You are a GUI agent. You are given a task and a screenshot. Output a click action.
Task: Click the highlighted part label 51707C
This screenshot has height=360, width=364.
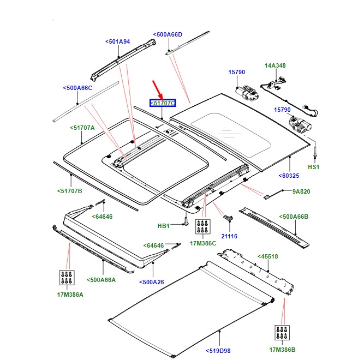pyautogui.click(x=163, y=103)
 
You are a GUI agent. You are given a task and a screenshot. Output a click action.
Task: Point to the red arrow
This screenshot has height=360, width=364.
pyautogui.click(x=158, y=89)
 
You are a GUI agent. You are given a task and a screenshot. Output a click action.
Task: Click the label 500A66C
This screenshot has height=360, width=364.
pyautogui.click(x=77, y=87)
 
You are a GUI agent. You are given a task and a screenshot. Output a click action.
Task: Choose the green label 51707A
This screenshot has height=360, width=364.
pyautogui.click(x=82, y=128)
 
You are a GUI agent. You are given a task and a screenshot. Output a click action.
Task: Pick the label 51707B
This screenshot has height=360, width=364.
pyautogui.click(x=69, y=191)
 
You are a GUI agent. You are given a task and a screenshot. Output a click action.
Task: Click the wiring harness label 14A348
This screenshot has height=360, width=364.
pyautogui.click(x=275, y=66)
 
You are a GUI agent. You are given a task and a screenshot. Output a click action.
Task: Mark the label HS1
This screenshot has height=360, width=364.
pyautogui.click(x=314, y=167)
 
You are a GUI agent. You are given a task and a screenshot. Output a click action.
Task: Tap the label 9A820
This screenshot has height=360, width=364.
pyautogui.click(x=300, y=191)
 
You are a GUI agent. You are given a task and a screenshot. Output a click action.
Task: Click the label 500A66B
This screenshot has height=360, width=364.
pyautogui.click(x=294, y=217)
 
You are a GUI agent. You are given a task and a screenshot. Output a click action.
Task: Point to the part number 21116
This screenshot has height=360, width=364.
pyautogui.click(x=229, y=236)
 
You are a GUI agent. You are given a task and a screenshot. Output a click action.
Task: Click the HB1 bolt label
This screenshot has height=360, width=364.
pyautogui.click(x=164, y=225)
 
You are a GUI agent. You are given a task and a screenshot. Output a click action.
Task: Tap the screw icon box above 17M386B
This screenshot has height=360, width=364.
pyautogui.click(x=282, y=333)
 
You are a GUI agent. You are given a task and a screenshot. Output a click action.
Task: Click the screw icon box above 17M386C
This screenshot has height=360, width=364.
pyautogui.click(x=203, y=227)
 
